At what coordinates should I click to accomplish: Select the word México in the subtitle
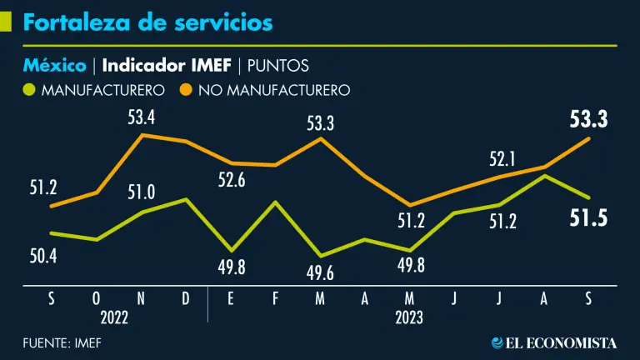tap(54, 65)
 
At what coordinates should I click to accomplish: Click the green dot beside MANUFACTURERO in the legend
tap(30, 89)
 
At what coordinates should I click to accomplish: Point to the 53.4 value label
tap(142, 117)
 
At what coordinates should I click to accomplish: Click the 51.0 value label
tap(141, 193)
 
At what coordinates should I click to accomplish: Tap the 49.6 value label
tap(321, 273)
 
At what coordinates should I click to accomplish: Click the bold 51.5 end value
tap(589, 219)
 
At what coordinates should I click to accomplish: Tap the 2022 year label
tap(115, 317)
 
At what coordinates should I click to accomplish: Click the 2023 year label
tap(408, 317)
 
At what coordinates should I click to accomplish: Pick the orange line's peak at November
tap(142, 135)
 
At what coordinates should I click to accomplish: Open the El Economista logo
tap(554, 342)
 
